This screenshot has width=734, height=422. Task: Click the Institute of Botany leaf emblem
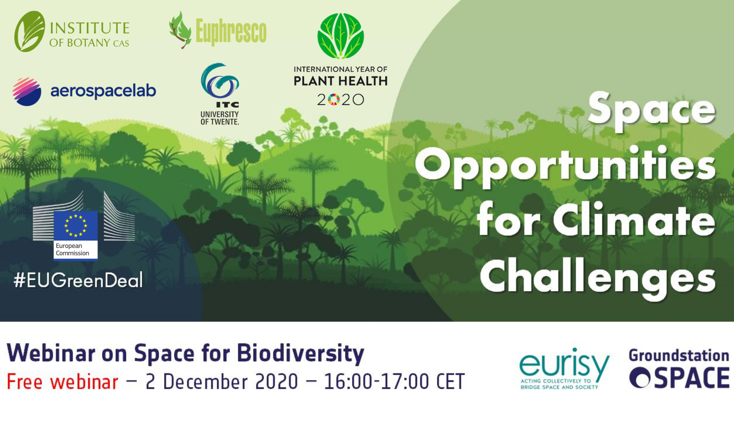pos(30,32)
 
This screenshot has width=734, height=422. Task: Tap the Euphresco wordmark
pos(231,32)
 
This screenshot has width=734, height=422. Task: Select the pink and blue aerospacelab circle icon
pos(27,92)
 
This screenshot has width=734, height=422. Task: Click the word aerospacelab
pos(103,91)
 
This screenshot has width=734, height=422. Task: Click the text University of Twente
pos(220,118)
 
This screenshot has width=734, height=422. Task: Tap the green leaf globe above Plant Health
pos(340,36)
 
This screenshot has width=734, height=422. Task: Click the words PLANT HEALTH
pos(340,81)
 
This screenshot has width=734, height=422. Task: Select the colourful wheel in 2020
pos(334,100)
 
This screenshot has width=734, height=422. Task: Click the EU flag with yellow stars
pos(76,225)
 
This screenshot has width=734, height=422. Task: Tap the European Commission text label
pos(73,249)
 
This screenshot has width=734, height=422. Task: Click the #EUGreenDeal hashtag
pos(78,280)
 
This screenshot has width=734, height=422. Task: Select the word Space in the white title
pos(652,111)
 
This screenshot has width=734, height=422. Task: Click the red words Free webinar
pos(62,381)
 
